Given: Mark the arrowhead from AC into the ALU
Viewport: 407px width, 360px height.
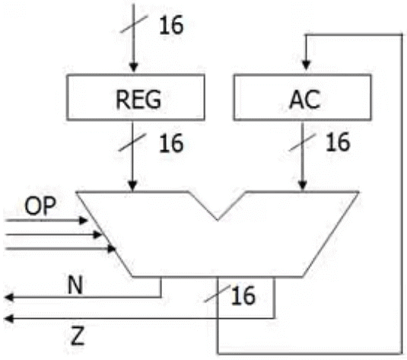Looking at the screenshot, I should coord(304,186).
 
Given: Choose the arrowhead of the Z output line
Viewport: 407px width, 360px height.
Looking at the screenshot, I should coord(8,316).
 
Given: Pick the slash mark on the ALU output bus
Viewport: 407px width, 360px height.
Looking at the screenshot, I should coord(218,293).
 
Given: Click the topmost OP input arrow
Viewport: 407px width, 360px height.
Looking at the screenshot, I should coord(83,221).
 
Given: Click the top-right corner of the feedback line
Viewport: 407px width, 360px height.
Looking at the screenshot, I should coord(401,36).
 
